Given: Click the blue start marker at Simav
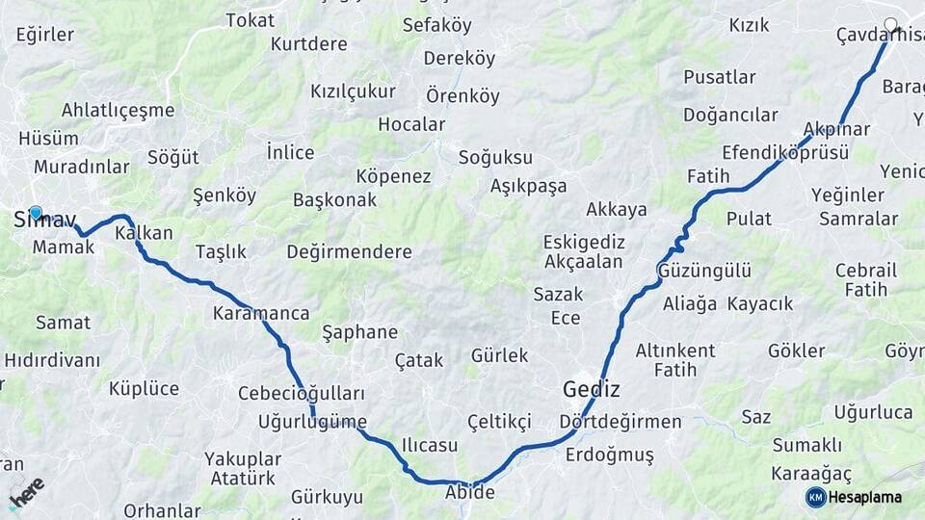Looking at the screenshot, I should [x=36, y=213].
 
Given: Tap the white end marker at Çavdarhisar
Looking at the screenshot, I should [x=890, y=26].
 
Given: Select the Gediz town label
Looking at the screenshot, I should [x=591, y=390].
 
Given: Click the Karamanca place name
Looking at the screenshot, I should [x=261, y=313].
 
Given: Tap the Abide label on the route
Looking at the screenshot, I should [x=469, y=492].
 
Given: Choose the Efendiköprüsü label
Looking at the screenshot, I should [x=785, y=152].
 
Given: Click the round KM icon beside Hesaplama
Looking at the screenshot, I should [x=816, y=497].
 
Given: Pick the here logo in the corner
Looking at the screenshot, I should [x=27, y=492].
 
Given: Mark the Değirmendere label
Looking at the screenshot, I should [x=349, y=251].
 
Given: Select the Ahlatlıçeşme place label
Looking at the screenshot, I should [x=118, y=110].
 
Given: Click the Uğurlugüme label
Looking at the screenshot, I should [x=313, y=421].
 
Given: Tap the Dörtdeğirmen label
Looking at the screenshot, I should [x=621, y=422].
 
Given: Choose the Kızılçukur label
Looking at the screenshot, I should [x=353, y=91].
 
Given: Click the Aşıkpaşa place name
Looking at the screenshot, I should [x=528, y=186].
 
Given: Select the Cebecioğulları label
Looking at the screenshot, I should [x=302, y=394].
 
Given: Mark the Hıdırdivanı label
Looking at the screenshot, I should [x=52, y=360].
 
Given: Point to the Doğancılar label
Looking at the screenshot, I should [x=730, y=115].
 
